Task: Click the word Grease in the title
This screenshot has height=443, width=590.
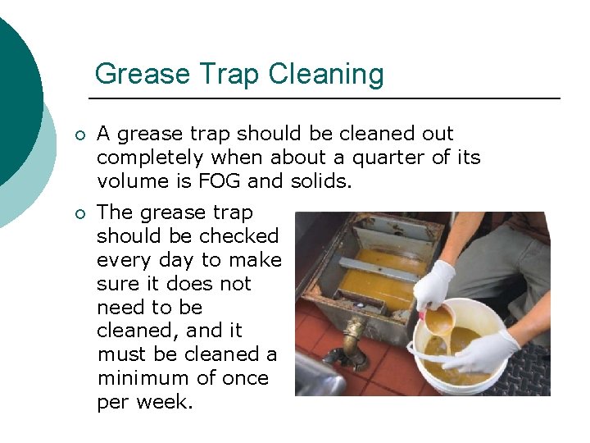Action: (135, 75)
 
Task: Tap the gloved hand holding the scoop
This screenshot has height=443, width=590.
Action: (433, 284)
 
